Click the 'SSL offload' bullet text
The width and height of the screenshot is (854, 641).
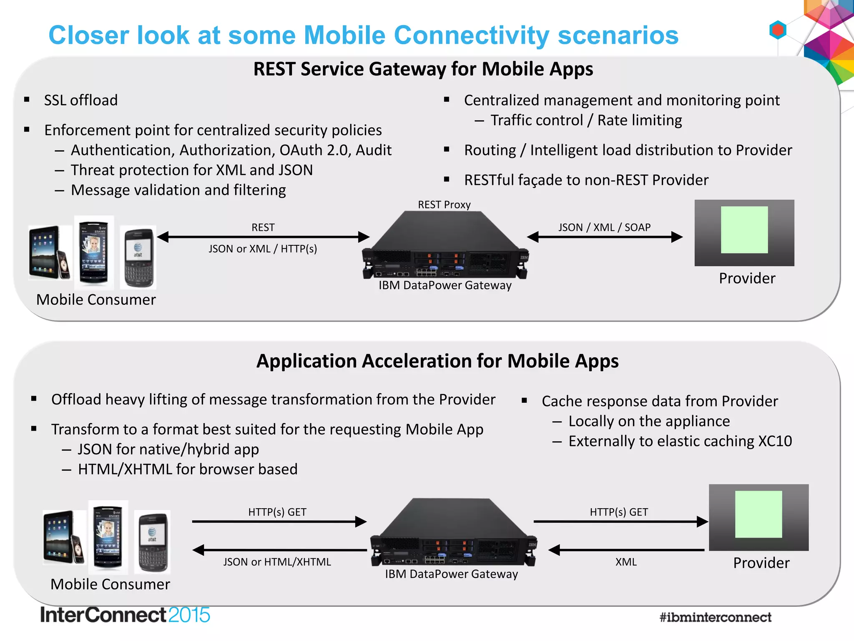(x=80, y=100)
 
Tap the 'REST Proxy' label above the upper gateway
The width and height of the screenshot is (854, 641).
(x=444, y=204)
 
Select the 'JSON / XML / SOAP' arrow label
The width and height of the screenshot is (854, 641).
(x=604, y=227)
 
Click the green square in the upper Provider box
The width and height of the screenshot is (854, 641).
(x=744, y=230)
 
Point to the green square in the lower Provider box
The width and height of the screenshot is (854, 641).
(x=759, y=514)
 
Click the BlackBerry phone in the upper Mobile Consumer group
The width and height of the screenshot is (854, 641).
(x=138, y=257)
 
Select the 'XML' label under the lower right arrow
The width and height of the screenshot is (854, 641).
(x=626, y=562)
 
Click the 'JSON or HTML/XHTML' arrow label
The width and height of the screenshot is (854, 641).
(x=277, y=562)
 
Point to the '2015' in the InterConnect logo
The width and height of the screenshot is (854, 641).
(x=189, y=615)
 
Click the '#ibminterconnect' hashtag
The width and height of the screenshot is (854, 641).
(x=715, y=617)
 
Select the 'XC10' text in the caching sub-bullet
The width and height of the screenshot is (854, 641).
(x=775, y=441)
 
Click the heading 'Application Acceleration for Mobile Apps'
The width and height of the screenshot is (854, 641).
(x=437, y=361)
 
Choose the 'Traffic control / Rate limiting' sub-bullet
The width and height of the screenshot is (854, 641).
(x=586, y=120)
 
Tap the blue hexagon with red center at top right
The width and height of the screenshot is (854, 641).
(x=778, y=30)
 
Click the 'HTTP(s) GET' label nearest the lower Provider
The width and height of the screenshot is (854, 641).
(x=619, y=512)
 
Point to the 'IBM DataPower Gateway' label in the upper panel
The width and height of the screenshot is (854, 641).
(x=445, y=285)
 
